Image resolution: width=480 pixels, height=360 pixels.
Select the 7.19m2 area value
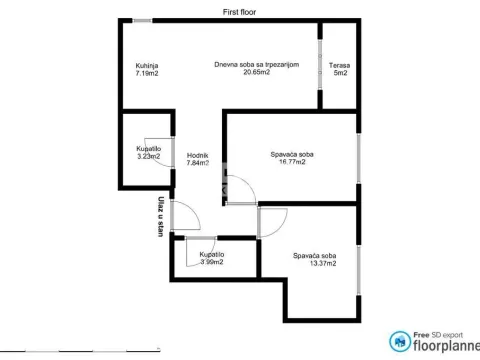(147, 74)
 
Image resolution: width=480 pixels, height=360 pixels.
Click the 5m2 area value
(340, 74)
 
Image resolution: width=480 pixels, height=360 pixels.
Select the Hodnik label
(197, 155)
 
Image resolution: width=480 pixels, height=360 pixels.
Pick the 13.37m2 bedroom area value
(314, 263)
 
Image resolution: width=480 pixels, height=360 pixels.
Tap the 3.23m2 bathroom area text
(148, 156)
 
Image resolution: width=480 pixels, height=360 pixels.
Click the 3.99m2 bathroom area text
(212, 262)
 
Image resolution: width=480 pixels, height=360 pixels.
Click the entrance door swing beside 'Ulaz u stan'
(184, 214)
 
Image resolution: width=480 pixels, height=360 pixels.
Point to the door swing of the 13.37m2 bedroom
(272, 220)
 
